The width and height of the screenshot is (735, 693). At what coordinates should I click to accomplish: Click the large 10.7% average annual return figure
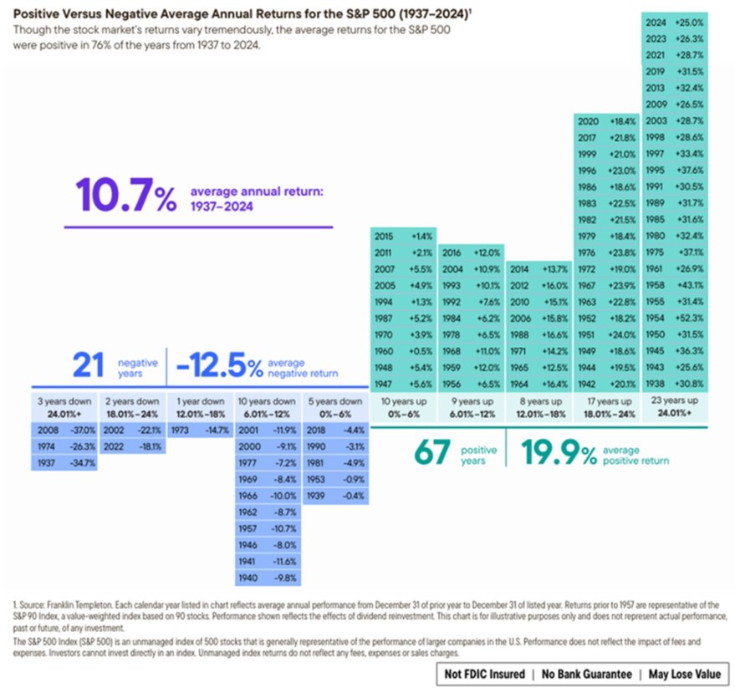(125, 196)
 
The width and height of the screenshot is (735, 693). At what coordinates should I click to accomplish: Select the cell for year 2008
(64, 430)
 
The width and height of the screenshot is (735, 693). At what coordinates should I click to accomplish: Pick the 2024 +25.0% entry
(674, 21)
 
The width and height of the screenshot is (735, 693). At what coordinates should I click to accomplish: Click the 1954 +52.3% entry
(674, 318)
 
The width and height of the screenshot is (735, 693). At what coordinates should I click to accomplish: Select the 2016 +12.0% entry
(469, 252)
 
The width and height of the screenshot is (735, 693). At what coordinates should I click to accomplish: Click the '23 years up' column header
(674, 406)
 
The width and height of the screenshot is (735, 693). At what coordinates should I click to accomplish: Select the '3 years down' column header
(64, 406)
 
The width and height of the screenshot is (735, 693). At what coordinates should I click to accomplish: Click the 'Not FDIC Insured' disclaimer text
(484, 674)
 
